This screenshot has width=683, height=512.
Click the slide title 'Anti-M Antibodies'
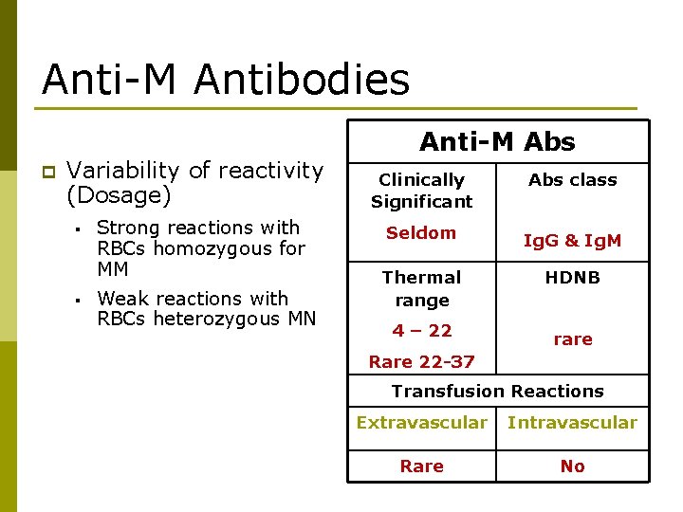coord(226,80)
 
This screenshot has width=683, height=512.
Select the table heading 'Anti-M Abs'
coord(497,142)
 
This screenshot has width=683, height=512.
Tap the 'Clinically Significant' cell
coord(421,191)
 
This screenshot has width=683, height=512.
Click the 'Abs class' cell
coord(572,180)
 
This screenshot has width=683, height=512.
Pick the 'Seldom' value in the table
coord(421,233)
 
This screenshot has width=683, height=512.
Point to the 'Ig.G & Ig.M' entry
coord(572,241)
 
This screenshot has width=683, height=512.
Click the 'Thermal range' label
coord(421,288)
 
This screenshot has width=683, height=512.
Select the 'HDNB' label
coord(572,278)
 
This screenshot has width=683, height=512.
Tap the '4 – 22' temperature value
coord(421,331)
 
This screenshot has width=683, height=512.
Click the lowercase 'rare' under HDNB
coord(572,339)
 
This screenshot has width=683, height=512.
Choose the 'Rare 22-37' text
coord(421,362)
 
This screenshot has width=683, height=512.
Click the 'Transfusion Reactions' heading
coord(497,392)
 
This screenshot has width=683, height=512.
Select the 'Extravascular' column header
coord(421,423)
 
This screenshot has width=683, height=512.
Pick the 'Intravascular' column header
coord(572,423)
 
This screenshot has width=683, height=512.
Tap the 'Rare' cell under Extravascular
coord(421,466)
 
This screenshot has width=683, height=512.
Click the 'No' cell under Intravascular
coord(572,466)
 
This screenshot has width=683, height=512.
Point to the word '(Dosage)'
coord(119,196)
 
